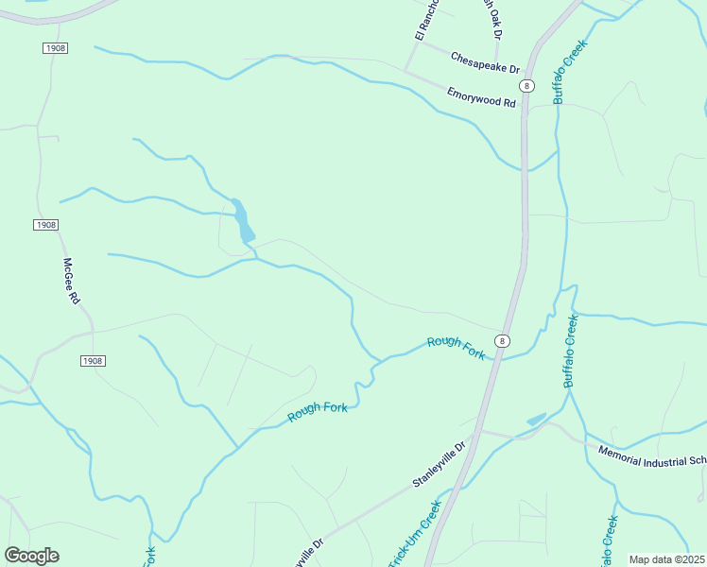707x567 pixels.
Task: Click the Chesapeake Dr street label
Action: tap(485, 63)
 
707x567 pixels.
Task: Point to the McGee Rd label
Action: tap(72, 281)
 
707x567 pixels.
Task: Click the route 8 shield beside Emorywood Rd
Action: tap(527, 86)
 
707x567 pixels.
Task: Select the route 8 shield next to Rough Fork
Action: tap(503, 341)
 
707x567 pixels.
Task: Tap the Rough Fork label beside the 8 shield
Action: tap(456, 348)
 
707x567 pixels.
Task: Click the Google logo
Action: tap(31, 556)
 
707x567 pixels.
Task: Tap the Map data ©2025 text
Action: tap(666, 559)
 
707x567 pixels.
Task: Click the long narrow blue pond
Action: tap(243, 220)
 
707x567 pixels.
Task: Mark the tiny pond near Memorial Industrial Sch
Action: tap(536, 419)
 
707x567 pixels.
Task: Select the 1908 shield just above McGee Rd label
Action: tap(45, 225)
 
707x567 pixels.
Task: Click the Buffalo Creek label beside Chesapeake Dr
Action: tap(570, 71)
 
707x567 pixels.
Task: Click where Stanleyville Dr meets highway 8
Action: tap(478, 430)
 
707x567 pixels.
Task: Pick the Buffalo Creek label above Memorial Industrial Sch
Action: tap(570, 351)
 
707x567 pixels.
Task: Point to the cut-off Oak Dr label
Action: tap(492, 18)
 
